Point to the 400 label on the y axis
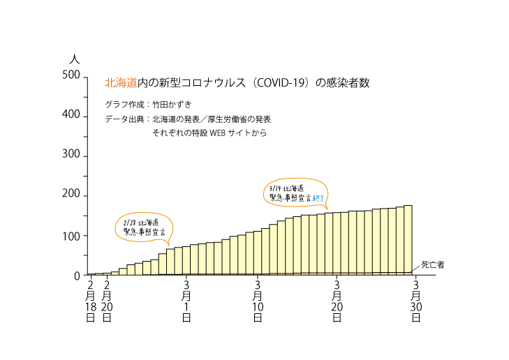(x=72, y=115)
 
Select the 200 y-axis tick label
(x=72, y=195)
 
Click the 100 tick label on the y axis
(x=72, y=236)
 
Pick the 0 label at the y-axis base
(x=78, y=276)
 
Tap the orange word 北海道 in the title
(x=121, y=82)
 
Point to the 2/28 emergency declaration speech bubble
(x=143, y=227)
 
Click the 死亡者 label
(x=433, y=266)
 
